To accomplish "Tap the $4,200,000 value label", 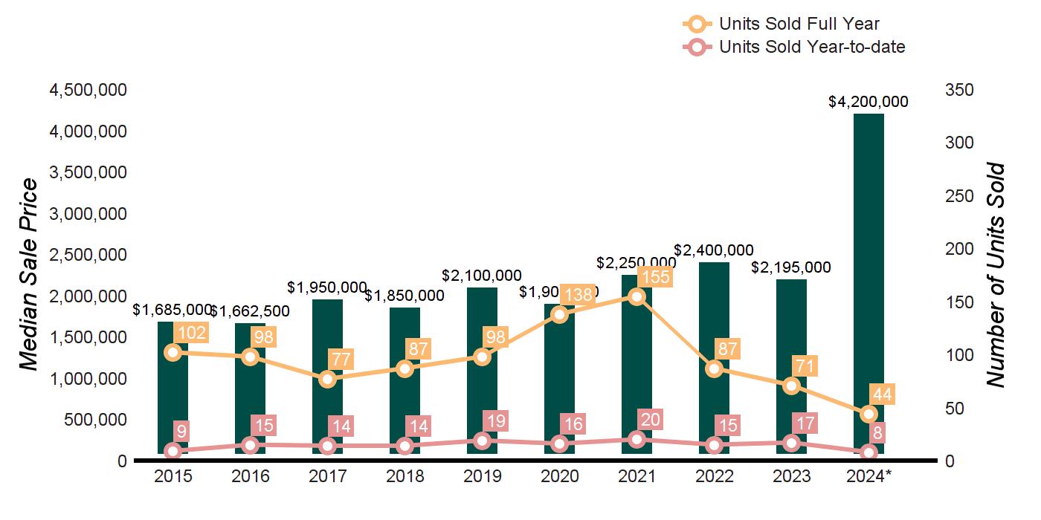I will pos(868,102).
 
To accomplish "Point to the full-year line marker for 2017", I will pos(327,379).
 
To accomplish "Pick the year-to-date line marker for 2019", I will pos(482,441).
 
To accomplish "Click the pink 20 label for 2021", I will pos(651,420).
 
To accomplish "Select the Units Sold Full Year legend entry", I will pos(799,25).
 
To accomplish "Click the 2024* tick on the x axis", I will pos(868,476).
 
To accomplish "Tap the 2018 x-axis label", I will pos(405,476).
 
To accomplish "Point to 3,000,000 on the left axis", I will pos(88,214).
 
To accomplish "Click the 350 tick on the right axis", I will pos(959,90).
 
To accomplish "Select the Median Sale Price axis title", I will pos(29,275).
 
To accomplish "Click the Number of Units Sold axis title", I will pos(996,275).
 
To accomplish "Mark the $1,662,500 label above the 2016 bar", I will pos(250,311).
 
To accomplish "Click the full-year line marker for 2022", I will pos(714,368).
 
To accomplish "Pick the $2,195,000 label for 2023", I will pos(791,267).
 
